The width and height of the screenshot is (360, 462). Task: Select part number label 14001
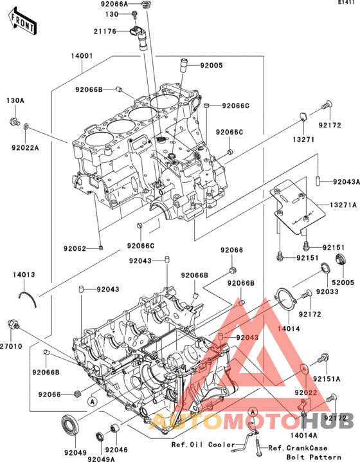(82, 56)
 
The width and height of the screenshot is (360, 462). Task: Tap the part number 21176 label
(105, 32)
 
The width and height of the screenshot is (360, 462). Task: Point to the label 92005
(212, 65)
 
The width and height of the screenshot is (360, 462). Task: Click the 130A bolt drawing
(14, 121)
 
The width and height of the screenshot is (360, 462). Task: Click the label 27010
(11, 346)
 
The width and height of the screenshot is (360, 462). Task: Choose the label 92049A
(101, 459)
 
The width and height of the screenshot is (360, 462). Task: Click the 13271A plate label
(343, 205)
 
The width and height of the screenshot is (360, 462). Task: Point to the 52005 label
(343, 282)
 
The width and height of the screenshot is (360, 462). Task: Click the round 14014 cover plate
(285, 300)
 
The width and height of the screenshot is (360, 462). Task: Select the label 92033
(327, 291)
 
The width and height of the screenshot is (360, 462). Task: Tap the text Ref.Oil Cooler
(203, 445)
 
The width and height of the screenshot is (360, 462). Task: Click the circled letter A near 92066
(93, 402)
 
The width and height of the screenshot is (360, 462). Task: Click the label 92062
(75, 248)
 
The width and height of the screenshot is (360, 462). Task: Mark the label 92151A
(327, 378)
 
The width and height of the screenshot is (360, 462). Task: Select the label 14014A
(303, 435)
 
